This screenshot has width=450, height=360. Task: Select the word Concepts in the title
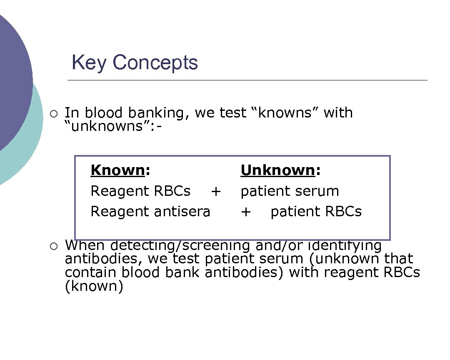click(155, 63)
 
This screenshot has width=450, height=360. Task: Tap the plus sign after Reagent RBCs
click(215, 191)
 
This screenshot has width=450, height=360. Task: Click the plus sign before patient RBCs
click(246, 212)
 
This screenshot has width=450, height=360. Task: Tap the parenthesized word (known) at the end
click(94, 286)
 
